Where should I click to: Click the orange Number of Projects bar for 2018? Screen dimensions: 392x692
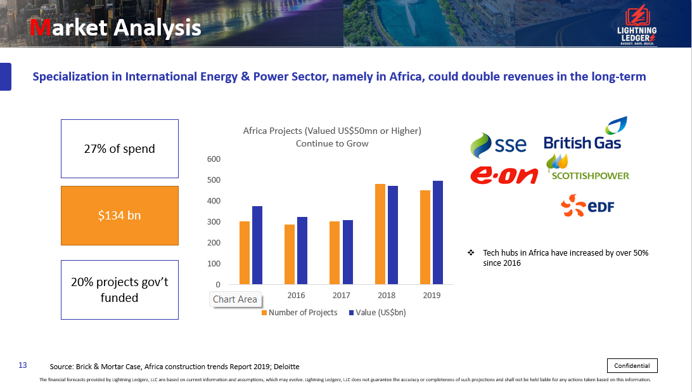(x=380, y=234)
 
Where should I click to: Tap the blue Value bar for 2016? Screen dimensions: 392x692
(x=302, y=251)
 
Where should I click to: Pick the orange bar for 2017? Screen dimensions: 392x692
(x=335, y=252)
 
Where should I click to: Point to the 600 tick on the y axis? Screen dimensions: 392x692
(x=214, y=159)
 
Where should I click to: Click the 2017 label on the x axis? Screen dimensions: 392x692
(x=341, y=296)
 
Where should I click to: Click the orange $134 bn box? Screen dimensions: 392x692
(x=120, y=216)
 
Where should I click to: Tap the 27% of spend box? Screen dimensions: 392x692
(x=120, y=149)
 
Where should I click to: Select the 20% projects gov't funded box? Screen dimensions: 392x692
(x=120, y=289)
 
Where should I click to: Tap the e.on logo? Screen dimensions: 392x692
(x=504, y=175)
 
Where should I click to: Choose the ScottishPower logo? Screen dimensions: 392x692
(x=588, y=170)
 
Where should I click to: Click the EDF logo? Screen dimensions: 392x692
(x=587, y=206)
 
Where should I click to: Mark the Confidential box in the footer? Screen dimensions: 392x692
(x=632, y=365)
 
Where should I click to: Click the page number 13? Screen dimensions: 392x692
(x=23, y=365)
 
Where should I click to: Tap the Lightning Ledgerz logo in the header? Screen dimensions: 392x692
(x=636, y=25)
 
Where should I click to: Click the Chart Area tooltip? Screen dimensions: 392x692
(x=235, y=299)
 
